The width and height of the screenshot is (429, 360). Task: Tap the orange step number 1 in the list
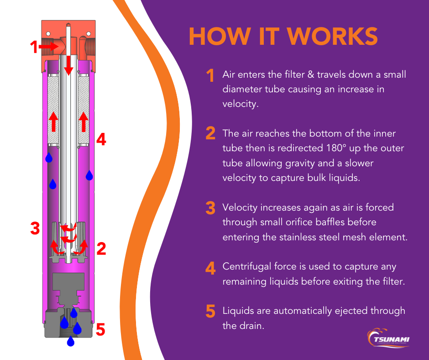pos(210,76)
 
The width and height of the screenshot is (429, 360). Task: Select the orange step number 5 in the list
pos(210,312)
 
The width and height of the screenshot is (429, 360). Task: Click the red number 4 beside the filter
pos(101,139)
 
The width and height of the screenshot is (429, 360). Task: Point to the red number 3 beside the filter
pos(35,228)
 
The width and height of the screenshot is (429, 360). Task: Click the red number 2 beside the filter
pos(101,249)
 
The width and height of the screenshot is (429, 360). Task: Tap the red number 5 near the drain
pos(101,329)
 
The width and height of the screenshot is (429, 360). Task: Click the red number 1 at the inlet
pos(33,47)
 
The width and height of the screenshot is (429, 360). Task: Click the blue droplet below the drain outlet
pos(70,341)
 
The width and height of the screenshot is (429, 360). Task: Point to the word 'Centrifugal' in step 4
pos(246,266)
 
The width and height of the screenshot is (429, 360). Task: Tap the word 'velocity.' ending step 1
pos(241,104)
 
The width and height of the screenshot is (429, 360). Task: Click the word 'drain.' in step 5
pos(254,326)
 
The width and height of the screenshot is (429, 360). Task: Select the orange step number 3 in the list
pos(210,208)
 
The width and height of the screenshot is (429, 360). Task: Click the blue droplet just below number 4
pos(89,175)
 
